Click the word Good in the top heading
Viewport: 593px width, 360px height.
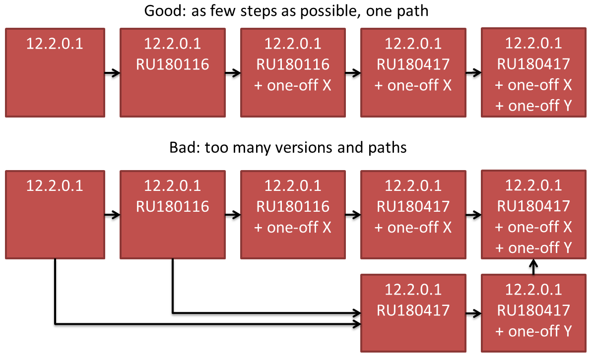click(x=162, y=11)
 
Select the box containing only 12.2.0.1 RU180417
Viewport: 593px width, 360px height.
click(x=413, y=313)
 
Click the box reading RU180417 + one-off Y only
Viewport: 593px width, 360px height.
click(x=533, y=313)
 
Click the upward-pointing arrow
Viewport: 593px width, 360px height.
click(x=533, y=267)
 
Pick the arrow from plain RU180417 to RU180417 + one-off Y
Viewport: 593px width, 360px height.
click(x=473, y=313)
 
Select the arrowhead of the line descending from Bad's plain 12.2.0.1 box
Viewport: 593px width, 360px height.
click(x=357, y=324)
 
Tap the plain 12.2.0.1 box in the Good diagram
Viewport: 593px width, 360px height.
click(x=55, y=72)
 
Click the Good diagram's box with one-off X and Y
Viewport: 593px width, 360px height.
click(x=533, y=72)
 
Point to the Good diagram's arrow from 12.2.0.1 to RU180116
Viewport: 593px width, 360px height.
click(x=112, y=73)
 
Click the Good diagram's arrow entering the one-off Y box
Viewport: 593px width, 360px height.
click(x=473, y=72)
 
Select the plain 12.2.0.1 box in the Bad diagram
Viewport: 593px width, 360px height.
click(x=55, y=215)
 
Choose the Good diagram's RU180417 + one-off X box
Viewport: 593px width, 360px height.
click(x=413, y=72)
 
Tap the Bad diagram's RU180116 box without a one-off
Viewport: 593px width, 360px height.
click(x=173, y=215)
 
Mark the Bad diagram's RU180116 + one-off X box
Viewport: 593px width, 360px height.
click(x=293, y=215)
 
